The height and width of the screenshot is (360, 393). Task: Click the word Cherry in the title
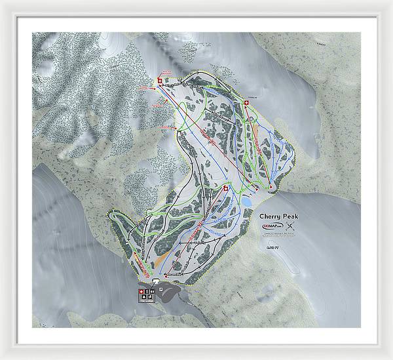click(x=269, y=216)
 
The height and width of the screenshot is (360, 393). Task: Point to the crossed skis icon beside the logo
click(x=291, y=227)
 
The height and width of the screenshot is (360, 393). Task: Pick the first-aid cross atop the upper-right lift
click(x=246, y=103)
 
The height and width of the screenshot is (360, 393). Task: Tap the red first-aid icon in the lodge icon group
click(x=140, y=290)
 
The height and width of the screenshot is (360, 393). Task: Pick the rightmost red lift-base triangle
click(x=271, y=188)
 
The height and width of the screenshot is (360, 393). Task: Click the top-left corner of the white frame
click(x=2, y=2)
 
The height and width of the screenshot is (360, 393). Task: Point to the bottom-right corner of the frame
click(x=390, y=357)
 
